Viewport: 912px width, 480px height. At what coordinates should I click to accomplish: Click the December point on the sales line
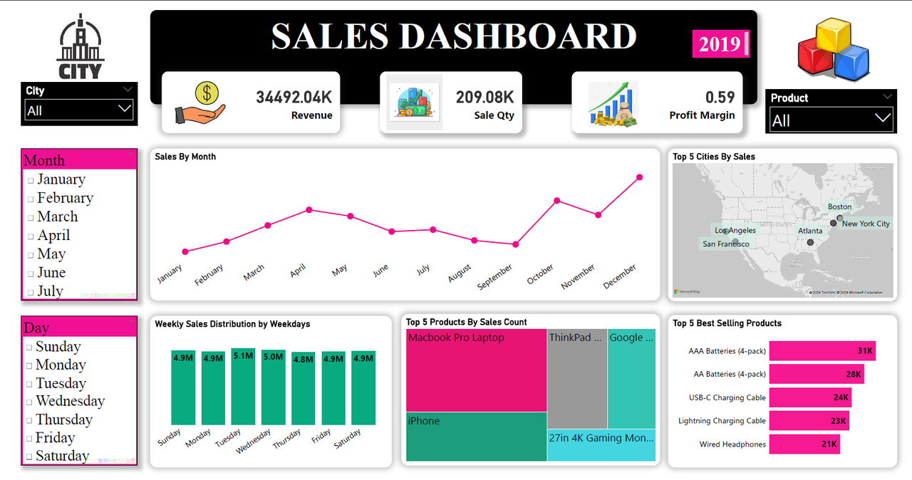pyautogui.click(x=639, y=177)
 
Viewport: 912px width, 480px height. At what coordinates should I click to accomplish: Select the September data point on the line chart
pyautogui.click(x=516, y=244)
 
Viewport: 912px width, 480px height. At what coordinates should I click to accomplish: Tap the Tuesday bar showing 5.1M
pyautogui.click(x=243, y=387)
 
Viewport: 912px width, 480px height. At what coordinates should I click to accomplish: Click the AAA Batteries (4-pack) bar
pyautogui.click(x=822, y=351)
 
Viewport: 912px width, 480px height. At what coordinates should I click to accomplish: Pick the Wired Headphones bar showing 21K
pyautogui.click(x=804, y=444)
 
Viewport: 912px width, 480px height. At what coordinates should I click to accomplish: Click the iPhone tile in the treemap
pyautogui.click(x=476, y=437)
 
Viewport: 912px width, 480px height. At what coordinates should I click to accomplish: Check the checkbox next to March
pyautogui.click(x=31, y=218)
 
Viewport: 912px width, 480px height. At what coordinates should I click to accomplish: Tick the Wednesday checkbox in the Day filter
pyautogui.click(x=29, y=402)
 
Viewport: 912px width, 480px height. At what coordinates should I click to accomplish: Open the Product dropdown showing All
pyautogui.click(x=831, y=120)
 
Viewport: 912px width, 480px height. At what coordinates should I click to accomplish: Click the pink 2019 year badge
pyautogui.click(x=720, y=44)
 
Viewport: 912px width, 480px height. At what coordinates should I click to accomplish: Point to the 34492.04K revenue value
pyautogui.click(x=294, y=98)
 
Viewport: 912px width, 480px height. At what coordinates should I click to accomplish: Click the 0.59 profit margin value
pyautogui.click(x=720, y=98)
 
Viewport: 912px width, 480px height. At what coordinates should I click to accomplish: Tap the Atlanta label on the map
pyautogui.click(x=810, y=231)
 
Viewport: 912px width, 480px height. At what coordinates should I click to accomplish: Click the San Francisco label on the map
pyautogui.click(x=725, y=244)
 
